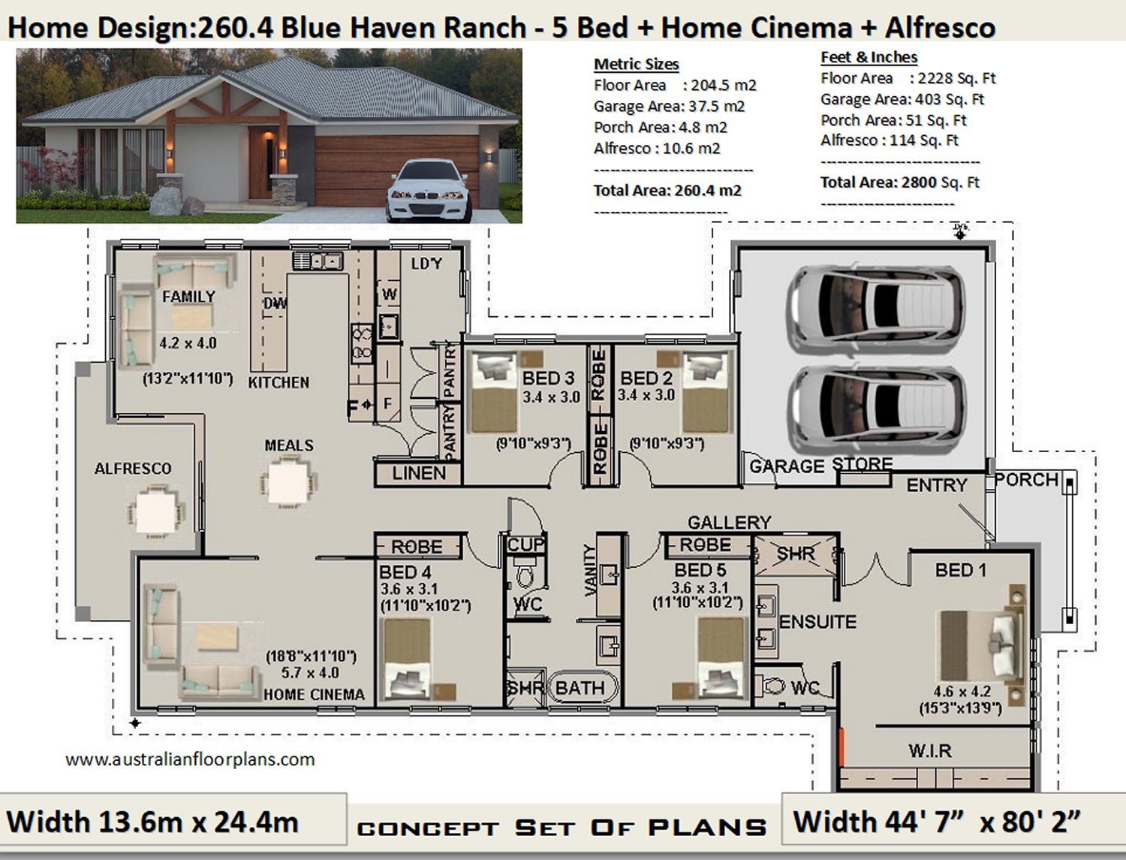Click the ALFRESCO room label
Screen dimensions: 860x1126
coord(133,469)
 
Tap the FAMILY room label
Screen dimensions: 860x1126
coord(188,297)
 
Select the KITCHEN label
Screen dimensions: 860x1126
coord(278,382)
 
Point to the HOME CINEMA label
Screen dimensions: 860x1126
coord(314,695)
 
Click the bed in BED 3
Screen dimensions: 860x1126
coord(494,394)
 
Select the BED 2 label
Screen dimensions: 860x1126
coord(646,378)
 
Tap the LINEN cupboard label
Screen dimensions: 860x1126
coord(418,473)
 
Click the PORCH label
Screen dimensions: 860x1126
coord(1026,480)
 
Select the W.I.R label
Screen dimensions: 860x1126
coord(929,750)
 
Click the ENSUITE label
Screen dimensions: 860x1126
coord(817,622)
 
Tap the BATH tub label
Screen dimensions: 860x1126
coord(580,688)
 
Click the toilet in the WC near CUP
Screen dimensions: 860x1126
coord(525,578)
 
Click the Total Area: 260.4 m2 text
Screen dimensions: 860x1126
coord(667,191)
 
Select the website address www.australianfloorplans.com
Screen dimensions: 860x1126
coord(190,759)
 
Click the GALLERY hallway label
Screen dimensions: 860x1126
coord(729,522)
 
